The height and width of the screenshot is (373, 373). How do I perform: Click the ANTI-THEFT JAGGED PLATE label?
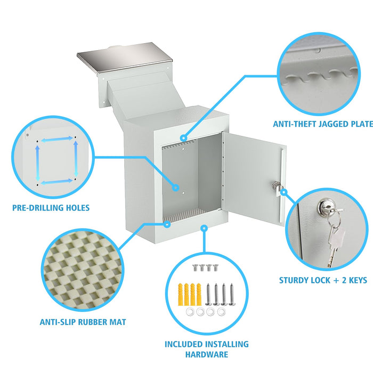click(x=323, y=124)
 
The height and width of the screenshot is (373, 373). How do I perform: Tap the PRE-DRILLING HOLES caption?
click(x=51, y=208)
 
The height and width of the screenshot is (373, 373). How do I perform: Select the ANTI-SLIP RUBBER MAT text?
click(x=83, y=322)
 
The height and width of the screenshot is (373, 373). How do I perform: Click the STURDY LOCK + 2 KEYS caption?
click(x=323, y=280)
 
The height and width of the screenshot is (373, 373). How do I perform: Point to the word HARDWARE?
click(x=207, y=354)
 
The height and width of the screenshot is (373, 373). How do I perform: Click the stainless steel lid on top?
click(x=124, y=57)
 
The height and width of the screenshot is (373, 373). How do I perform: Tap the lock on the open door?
click(x=277, y=186)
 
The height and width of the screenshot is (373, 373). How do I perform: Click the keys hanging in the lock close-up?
click(x=335, y=240)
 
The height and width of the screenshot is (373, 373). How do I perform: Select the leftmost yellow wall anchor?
click(x=181, y=294)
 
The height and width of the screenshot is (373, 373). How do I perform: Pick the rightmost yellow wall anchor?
click(x=199, y=294)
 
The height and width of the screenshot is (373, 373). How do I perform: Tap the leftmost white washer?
click(x=190, y=312)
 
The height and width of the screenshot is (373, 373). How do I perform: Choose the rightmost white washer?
click(x=221, y=312)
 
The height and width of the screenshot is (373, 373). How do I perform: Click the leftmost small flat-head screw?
click(x=196, y=267)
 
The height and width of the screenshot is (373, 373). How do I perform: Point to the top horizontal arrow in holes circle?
click(x=57, y=140)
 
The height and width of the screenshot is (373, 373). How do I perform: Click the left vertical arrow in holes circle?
click(x=37, y=163)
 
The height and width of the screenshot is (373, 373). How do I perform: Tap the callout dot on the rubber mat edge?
click(x=167, y=224)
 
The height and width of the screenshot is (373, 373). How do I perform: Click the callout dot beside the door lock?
click(x=284, y=192)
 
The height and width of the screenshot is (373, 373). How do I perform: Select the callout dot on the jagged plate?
click(x=183, y=137)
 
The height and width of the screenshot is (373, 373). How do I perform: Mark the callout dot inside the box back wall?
click(x=176, y=188)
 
